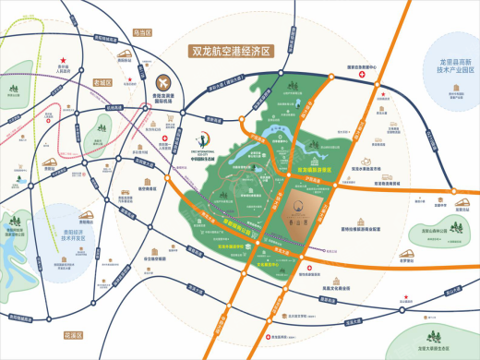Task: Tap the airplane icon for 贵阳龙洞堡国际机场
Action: [165, 83]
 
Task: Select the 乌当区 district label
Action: [140, 31]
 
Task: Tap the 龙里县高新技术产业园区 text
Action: [448, 66]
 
